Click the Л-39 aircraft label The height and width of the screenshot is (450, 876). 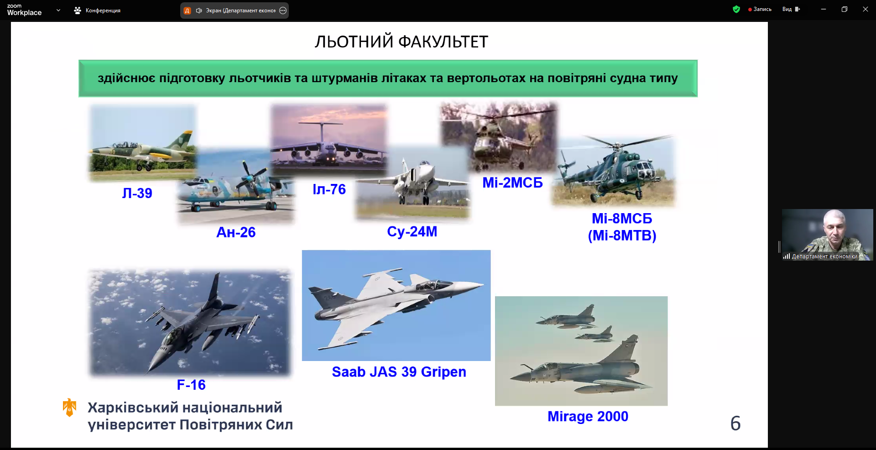137,193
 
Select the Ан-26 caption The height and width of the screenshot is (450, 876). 236,232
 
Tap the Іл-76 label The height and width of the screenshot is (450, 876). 329,189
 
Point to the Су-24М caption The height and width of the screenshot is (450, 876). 412,232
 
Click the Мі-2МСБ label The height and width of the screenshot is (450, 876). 513,183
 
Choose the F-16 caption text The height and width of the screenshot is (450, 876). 191,385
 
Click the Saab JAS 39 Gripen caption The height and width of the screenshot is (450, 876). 399,372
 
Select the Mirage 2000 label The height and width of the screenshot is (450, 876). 588,416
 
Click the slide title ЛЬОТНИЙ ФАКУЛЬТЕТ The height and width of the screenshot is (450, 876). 401,42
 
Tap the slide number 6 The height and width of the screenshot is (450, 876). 735,424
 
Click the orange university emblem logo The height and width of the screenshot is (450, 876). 69,407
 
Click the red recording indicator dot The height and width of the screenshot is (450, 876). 750,10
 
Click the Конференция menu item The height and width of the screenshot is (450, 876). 97,10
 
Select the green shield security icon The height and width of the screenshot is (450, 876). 736,9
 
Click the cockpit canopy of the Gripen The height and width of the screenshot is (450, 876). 427,285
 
